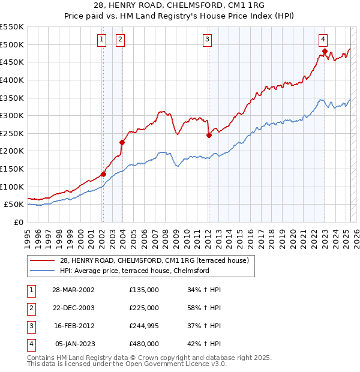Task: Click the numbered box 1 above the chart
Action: (x=102, y=40)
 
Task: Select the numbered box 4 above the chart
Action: (x=323, y=40)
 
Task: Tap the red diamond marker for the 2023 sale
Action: (x=325, y=52)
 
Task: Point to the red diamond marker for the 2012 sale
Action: (x=209, y=135)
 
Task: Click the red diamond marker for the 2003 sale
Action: (x=122, y=142)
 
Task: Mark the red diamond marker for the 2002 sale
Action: (x=103, y=174)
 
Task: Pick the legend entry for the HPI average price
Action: (x=134, y=271)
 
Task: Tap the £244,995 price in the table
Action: (x=144, y=326)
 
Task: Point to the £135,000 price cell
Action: (x=144, y=290)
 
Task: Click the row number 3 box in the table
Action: (x=30, y=326)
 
